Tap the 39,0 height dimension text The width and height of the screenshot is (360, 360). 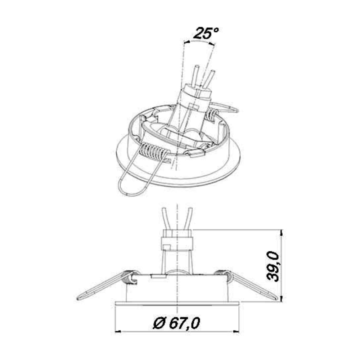click(x=273, y=266)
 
